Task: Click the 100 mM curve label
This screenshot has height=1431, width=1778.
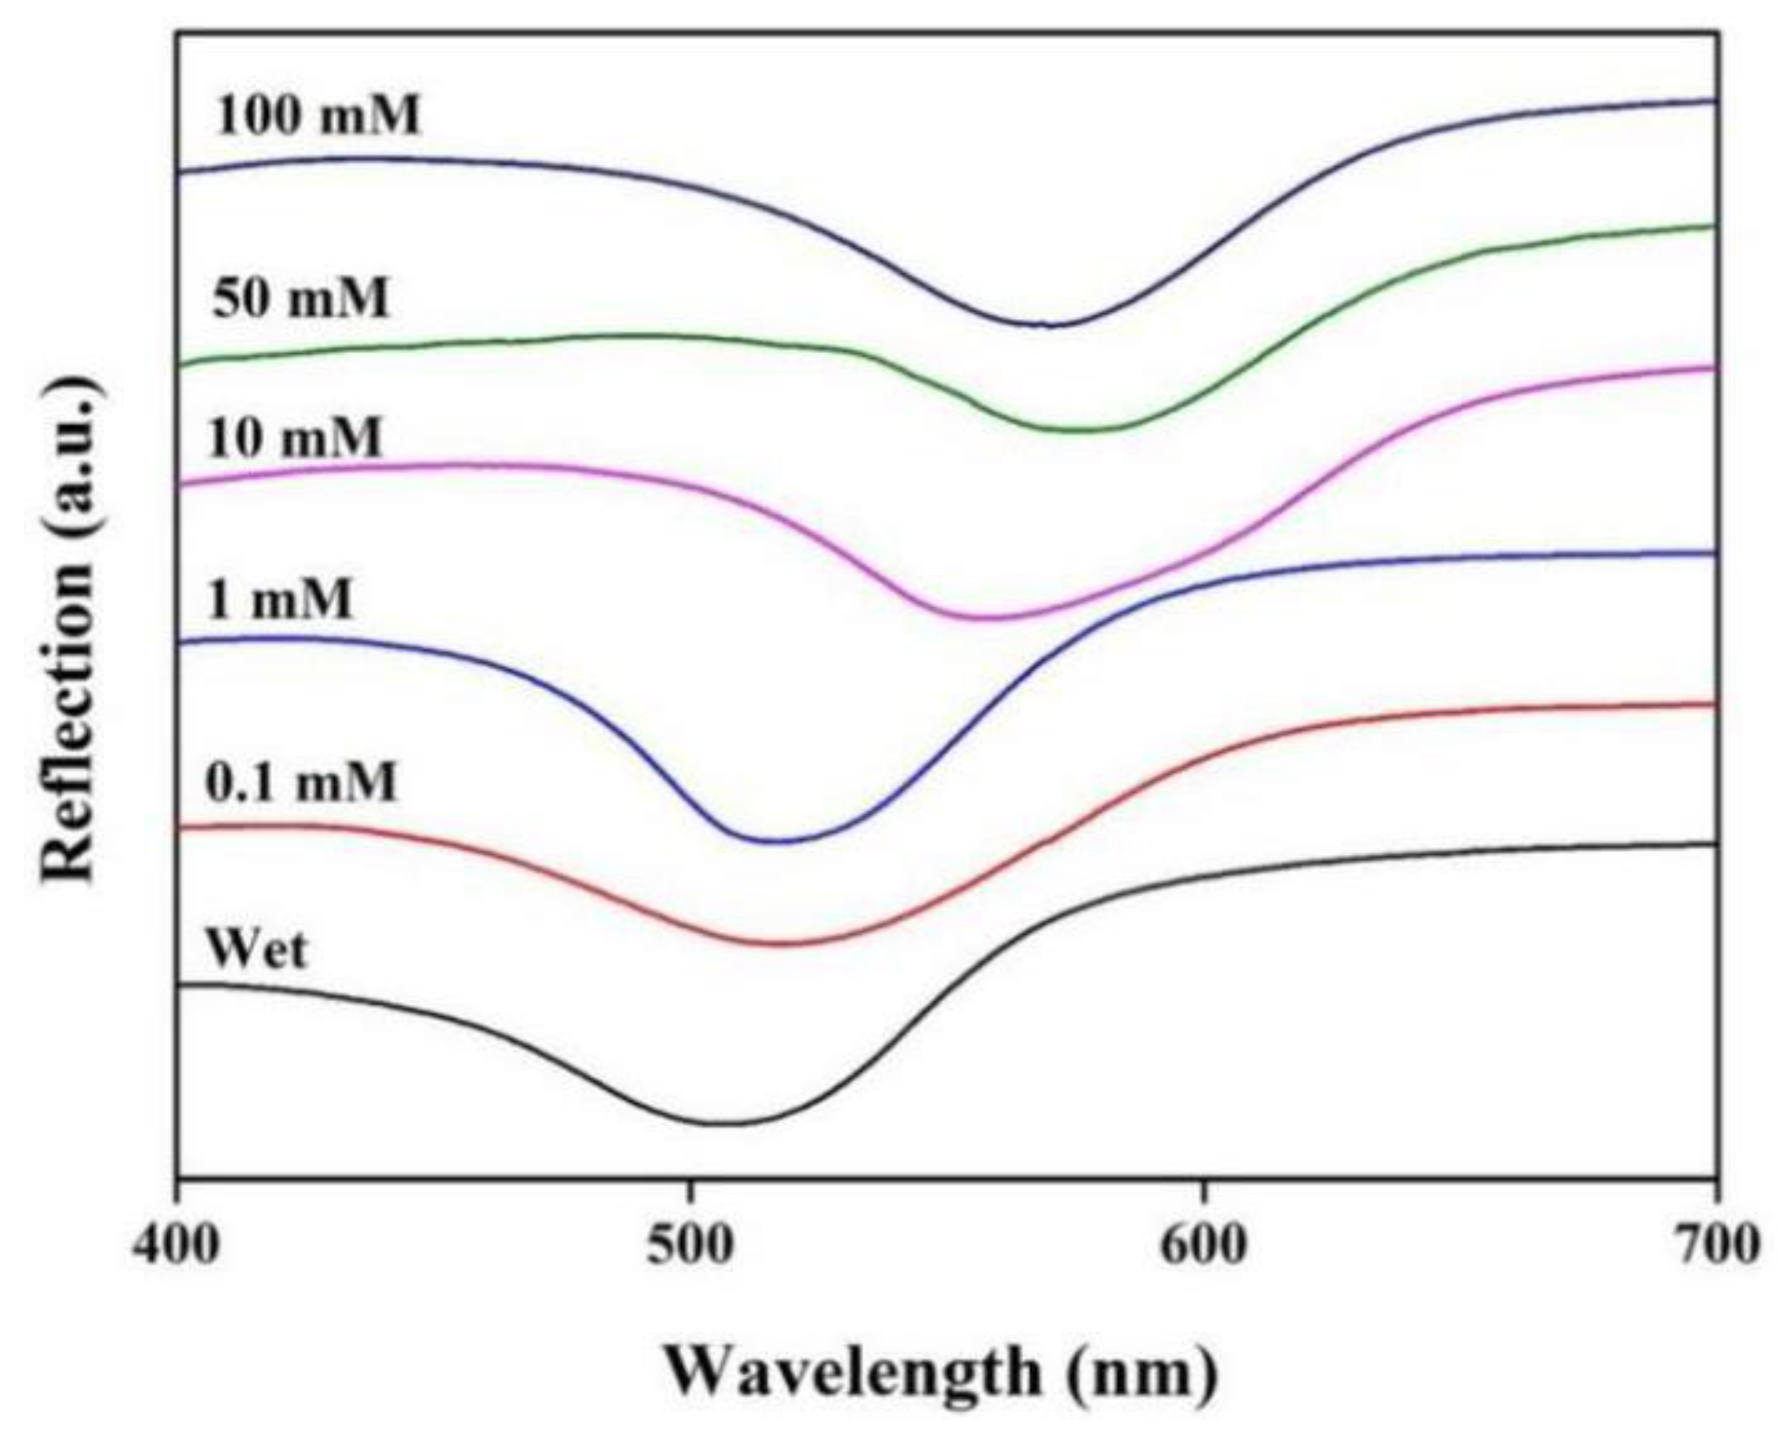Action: [x=318, y=114]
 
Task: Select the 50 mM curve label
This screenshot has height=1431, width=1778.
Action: [x=301, y=297]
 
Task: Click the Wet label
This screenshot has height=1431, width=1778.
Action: [x=257, y=948]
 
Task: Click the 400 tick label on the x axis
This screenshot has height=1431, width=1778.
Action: [x=177, y=1246]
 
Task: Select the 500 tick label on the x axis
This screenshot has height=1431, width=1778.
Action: [x=689, y=1246]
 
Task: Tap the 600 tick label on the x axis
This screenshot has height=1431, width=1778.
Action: [x=1202, y=1246]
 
